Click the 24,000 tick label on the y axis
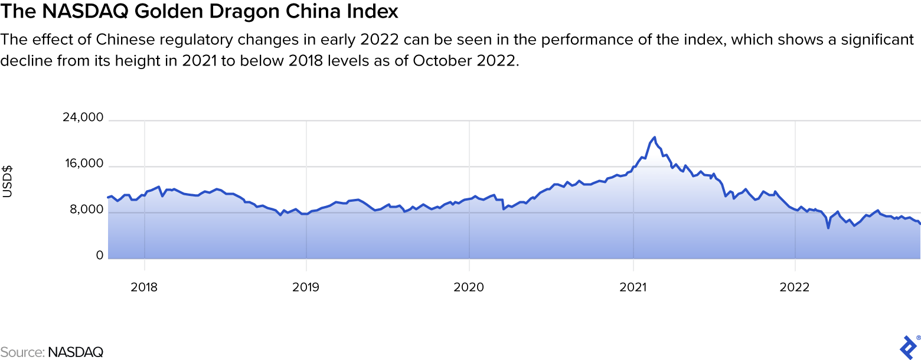pos(83,118)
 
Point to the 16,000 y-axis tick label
pos(83,164)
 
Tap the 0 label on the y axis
pos(100,256)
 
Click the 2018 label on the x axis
pos(144,287)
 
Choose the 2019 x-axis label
pos(306,287)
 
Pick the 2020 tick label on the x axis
pos(469,287)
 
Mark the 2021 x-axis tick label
pos(633,287)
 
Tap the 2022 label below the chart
pos(795,287)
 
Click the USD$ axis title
pos(8,182)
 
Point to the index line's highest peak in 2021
pos(654,138)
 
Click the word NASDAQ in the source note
pos(76,352)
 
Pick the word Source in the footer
pos(21,352)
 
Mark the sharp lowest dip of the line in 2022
pos(828,228)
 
